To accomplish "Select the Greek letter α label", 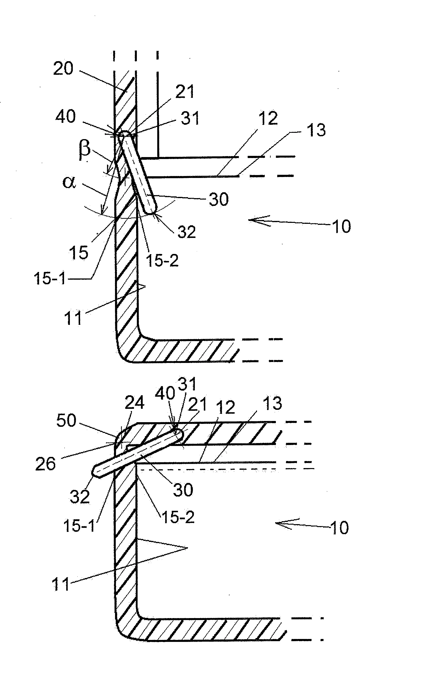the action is pyautogui.click(x=69, y=182).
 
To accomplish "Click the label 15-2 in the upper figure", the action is pyautogui.click(x=162, y=260).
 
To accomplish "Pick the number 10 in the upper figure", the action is pyautogui.click(x=341, y=226).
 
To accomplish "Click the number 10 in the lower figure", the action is pyautogui.click(x=339, y=528).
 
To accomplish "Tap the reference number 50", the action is pyautogui.click(x=66, y=420).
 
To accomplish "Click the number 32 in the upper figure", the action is pyautogui.click(x=187, y=232).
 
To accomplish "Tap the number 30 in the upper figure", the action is pyautogui.click(x=218, y=199).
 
